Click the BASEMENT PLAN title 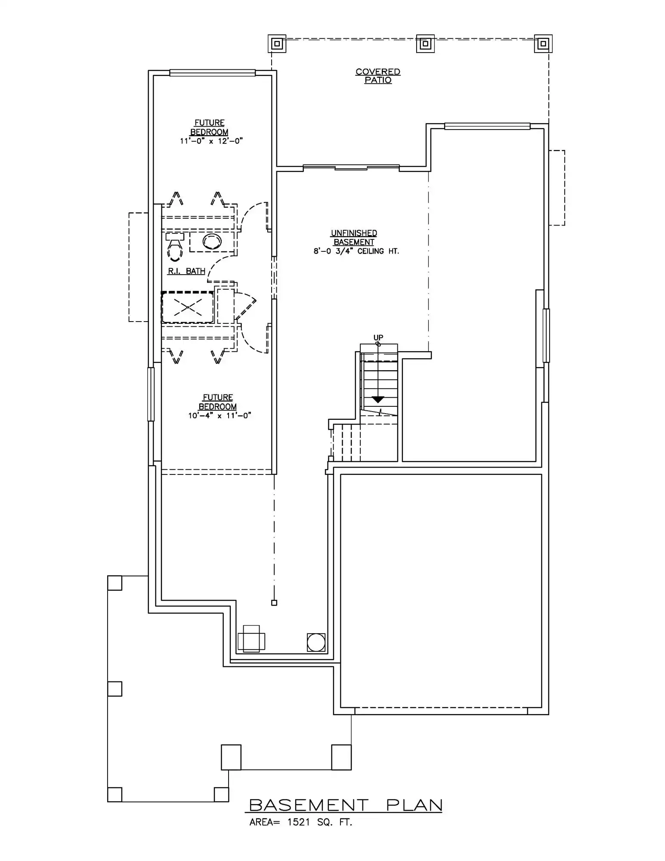[x=346, y=805]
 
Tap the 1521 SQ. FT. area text [x=320, y=822]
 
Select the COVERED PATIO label [x=378, y=76]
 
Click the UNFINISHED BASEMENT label [x=354, y=238]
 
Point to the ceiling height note [x=356, y=251]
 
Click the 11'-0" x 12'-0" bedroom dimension [x=211, y=141]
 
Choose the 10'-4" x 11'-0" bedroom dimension [x=220, y=415]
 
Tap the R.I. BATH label [x=186, y=271]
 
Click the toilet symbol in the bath [x=175, y=247]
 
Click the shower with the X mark [x=188, y=307]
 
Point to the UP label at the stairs [x=378, y=338]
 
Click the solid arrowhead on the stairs [x=378, y=400]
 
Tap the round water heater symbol [x=316, y=642]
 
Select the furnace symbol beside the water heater [x=251, y=639]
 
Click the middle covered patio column [x=425, y=43]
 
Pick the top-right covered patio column [x=543, y=43]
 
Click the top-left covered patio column [x=277, y=43]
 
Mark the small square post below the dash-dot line [x=274, y=603]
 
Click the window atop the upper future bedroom [x=212, y=73]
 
